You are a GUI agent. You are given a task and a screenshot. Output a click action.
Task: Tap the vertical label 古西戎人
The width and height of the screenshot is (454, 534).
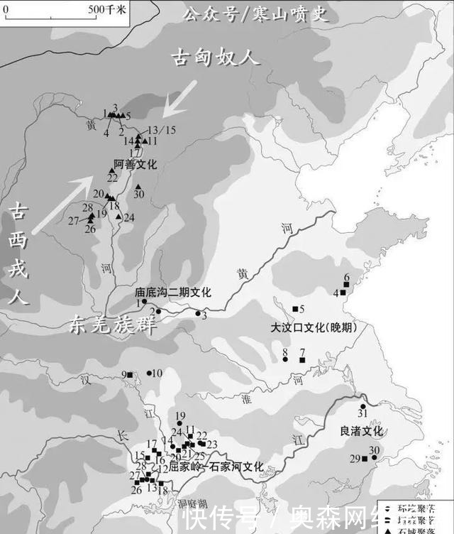coord(19,252)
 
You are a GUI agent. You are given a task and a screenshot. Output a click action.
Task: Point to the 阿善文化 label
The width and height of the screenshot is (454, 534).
coord(135,164)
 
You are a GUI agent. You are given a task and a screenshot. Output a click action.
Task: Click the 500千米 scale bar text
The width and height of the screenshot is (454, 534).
coord(106,9)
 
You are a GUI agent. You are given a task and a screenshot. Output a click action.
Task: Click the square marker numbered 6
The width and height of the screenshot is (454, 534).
coord(345,285)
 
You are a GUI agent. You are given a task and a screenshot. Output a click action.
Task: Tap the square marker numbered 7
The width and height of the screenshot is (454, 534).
coord(301,361)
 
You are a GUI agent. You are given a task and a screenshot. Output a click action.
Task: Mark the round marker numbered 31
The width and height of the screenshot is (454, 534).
coord(362,406)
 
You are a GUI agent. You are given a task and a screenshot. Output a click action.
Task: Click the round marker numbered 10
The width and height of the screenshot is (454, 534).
coord(149,373)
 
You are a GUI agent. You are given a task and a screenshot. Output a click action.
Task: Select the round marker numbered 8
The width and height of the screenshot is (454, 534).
coord(284,359)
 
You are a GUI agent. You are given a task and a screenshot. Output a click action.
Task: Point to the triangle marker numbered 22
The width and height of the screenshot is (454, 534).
coord(112,170)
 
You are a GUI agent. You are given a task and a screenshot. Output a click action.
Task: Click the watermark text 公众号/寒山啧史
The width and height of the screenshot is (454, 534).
coord(256,13)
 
